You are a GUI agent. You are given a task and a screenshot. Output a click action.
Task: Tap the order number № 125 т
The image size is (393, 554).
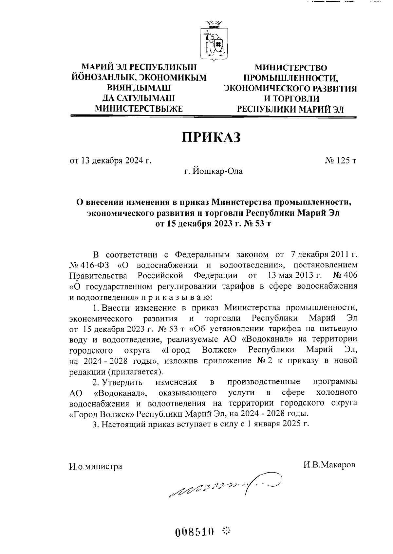pyautogui.click(x=341, y=161)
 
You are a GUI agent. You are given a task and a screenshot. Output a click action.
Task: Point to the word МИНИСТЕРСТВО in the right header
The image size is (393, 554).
pyautogui.click(x=290, y=68)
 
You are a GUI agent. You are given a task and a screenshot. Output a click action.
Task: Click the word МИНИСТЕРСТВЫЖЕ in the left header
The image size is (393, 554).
pyautogui.click(x=138, y=108)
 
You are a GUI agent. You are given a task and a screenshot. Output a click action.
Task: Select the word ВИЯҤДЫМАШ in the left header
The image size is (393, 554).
pyautogui.click(x=139, y=88)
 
